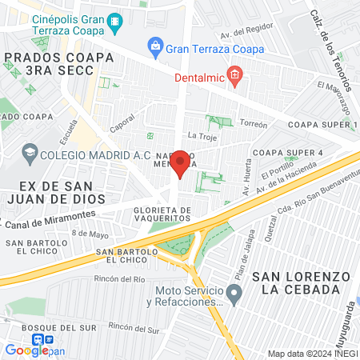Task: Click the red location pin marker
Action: (181, 162)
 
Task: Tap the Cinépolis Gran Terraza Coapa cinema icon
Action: (117, 21)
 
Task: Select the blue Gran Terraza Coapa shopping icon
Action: (154, 48)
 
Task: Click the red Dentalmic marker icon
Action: (234, 78)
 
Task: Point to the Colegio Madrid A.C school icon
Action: (30, 152)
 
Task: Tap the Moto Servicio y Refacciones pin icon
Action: (234, 296)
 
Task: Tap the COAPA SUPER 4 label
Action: (287, 153)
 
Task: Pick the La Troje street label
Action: (202, 137)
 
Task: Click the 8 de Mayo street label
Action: (90, 234)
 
